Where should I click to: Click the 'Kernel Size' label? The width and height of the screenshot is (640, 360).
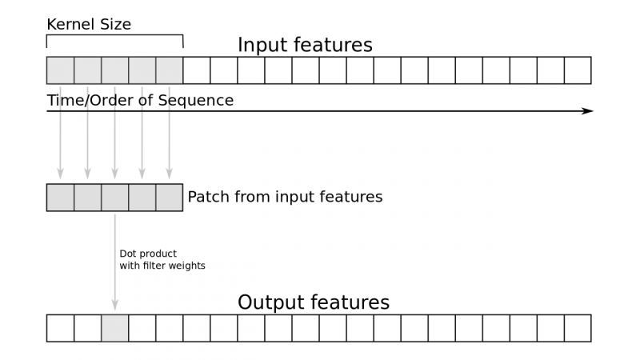coord(89,25)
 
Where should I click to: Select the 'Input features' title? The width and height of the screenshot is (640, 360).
coord(305,46)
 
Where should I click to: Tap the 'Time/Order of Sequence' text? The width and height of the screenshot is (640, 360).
coord(140,101)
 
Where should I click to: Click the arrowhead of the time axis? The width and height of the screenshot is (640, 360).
coord(587,110)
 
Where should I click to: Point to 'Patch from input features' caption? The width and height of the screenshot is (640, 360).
coord(285,197)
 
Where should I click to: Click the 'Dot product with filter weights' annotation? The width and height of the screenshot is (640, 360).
coord(162,259)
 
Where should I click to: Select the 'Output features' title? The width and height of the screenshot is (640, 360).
coord(314,303)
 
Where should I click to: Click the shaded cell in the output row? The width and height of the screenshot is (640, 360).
coord(115,328)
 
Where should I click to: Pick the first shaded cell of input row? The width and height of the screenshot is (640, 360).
coord(61,70)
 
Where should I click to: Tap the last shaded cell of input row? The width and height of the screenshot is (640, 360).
coord(170,70)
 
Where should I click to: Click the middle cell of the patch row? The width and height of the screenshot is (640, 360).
coord(115,198)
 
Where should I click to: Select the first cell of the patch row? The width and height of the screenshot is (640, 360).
coord(61,198)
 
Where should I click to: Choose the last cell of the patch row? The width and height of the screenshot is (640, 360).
coord(170,198)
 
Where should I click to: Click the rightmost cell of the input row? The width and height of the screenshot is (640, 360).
coord(578,70)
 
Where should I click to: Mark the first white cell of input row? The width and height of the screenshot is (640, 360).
coord(197,70)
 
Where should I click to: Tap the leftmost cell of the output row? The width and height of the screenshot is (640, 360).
coord(61,328)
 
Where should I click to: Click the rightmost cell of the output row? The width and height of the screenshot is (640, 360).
coord(578,328)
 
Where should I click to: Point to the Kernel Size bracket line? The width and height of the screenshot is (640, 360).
coord(115,36)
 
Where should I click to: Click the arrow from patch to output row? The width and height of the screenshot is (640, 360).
coord(115,264)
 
